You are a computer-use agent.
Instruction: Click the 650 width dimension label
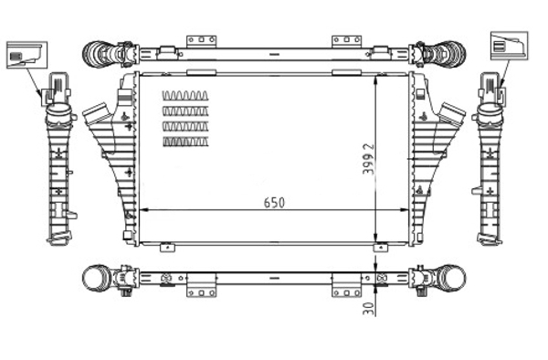pos(274,203)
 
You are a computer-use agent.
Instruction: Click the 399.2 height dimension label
pos(368,159)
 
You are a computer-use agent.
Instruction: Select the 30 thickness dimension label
pos(368,309)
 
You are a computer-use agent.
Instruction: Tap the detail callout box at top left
pos(26,55)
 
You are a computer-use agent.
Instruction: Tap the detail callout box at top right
pos(510,46)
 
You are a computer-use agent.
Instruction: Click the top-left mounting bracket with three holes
pos(201,41)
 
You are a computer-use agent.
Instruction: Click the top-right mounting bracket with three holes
pos(346,41)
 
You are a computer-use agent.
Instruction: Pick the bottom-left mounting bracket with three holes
pos(201,291)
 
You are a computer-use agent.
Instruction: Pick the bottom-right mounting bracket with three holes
pos(346,291)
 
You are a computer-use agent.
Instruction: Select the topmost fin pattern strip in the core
pos(185,96)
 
